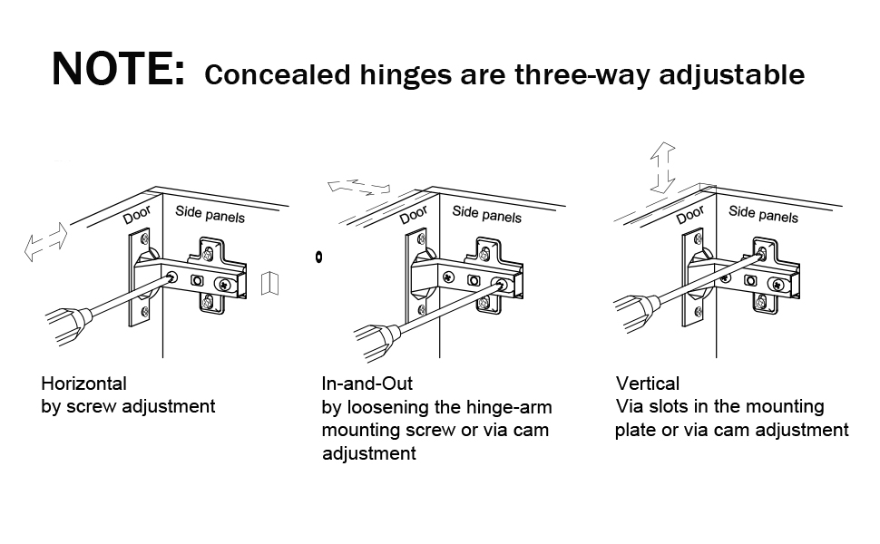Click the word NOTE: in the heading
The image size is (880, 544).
(x=117, y=70)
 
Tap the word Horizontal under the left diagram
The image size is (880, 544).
(x=84, y=384)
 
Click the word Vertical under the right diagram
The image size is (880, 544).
(x=648, y=384)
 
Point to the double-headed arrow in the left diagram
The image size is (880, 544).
(x=45, y=241)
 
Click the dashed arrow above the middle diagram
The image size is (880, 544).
(x=359, y=188)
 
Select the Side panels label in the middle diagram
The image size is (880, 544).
(x=487, y=214)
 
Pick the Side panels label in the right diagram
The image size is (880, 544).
(x=764, y=214)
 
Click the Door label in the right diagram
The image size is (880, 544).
(x=690, y=215)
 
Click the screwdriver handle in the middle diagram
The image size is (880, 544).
(x=373, y=342)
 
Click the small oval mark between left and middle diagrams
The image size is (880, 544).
(x=319, y=257)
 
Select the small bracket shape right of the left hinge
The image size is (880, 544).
(x=269, y=284)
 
